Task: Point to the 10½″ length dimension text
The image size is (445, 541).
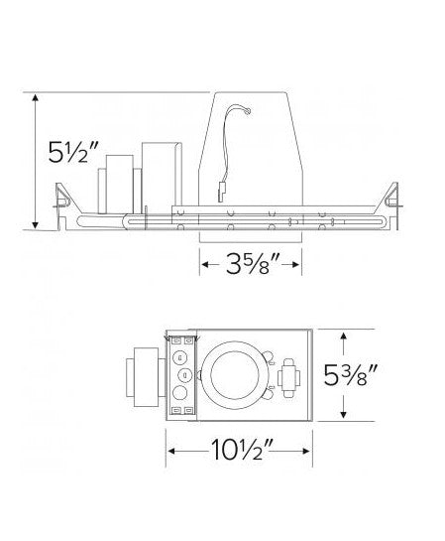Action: click(x=242, y=450)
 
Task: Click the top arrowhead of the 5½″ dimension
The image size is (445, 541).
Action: click(x=35, y=97)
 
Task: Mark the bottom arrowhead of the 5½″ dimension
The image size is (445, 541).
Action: click(x=35, y=225)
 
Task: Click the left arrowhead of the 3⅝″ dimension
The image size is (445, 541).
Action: click(x=205, y=265)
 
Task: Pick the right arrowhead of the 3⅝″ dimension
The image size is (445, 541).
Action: click(x=295, y=265)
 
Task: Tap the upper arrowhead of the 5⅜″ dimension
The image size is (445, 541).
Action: click(x=343, y=337)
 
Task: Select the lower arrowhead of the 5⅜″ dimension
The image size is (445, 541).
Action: click(x=343, y=414)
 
